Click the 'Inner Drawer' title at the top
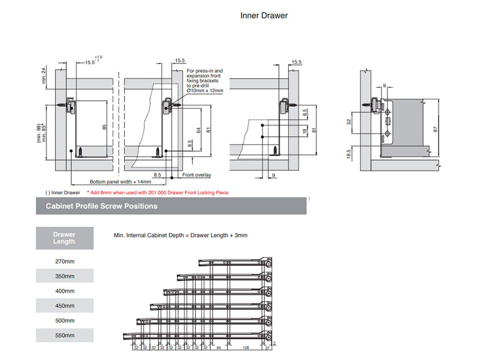tap(264, 16)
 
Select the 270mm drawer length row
tap(65, 261)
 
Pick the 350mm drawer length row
tap(65, 276)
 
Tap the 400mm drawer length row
tap(65, 291)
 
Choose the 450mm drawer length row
tap(65, 306)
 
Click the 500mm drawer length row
tap(65, 321)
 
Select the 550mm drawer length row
tap(65, 335)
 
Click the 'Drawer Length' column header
tap(64, 238)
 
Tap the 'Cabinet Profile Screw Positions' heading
tap(102, 206)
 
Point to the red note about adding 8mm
tap(158, 193)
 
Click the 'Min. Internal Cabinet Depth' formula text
tap(180, 235)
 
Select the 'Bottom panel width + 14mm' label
tap(120, 182)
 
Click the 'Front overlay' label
tap(197, 175)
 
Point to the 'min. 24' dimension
tap(44, 76)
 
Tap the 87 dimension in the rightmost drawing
tap(436, 130)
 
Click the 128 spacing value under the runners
tap(246, 348)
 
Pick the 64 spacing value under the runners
tap(219, 348)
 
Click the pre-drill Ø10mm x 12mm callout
tap(205, 81)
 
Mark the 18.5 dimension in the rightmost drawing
tap(349, 154)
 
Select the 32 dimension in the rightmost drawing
tap(349, 122)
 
